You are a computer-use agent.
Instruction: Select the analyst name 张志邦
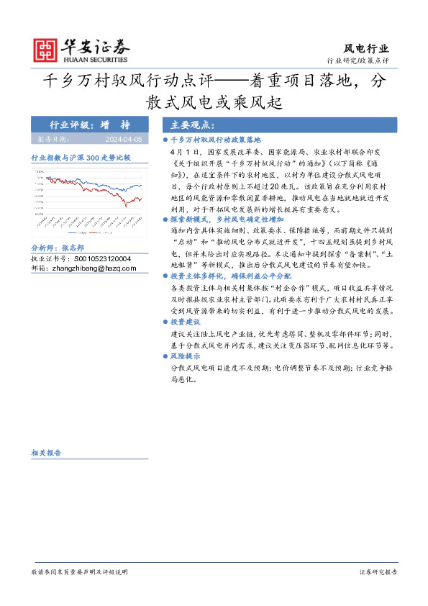(73, 246)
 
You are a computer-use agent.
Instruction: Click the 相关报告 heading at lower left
(46, 453)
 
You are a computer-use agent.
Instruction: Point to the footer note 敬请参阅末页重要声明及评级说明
(79, 572)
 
